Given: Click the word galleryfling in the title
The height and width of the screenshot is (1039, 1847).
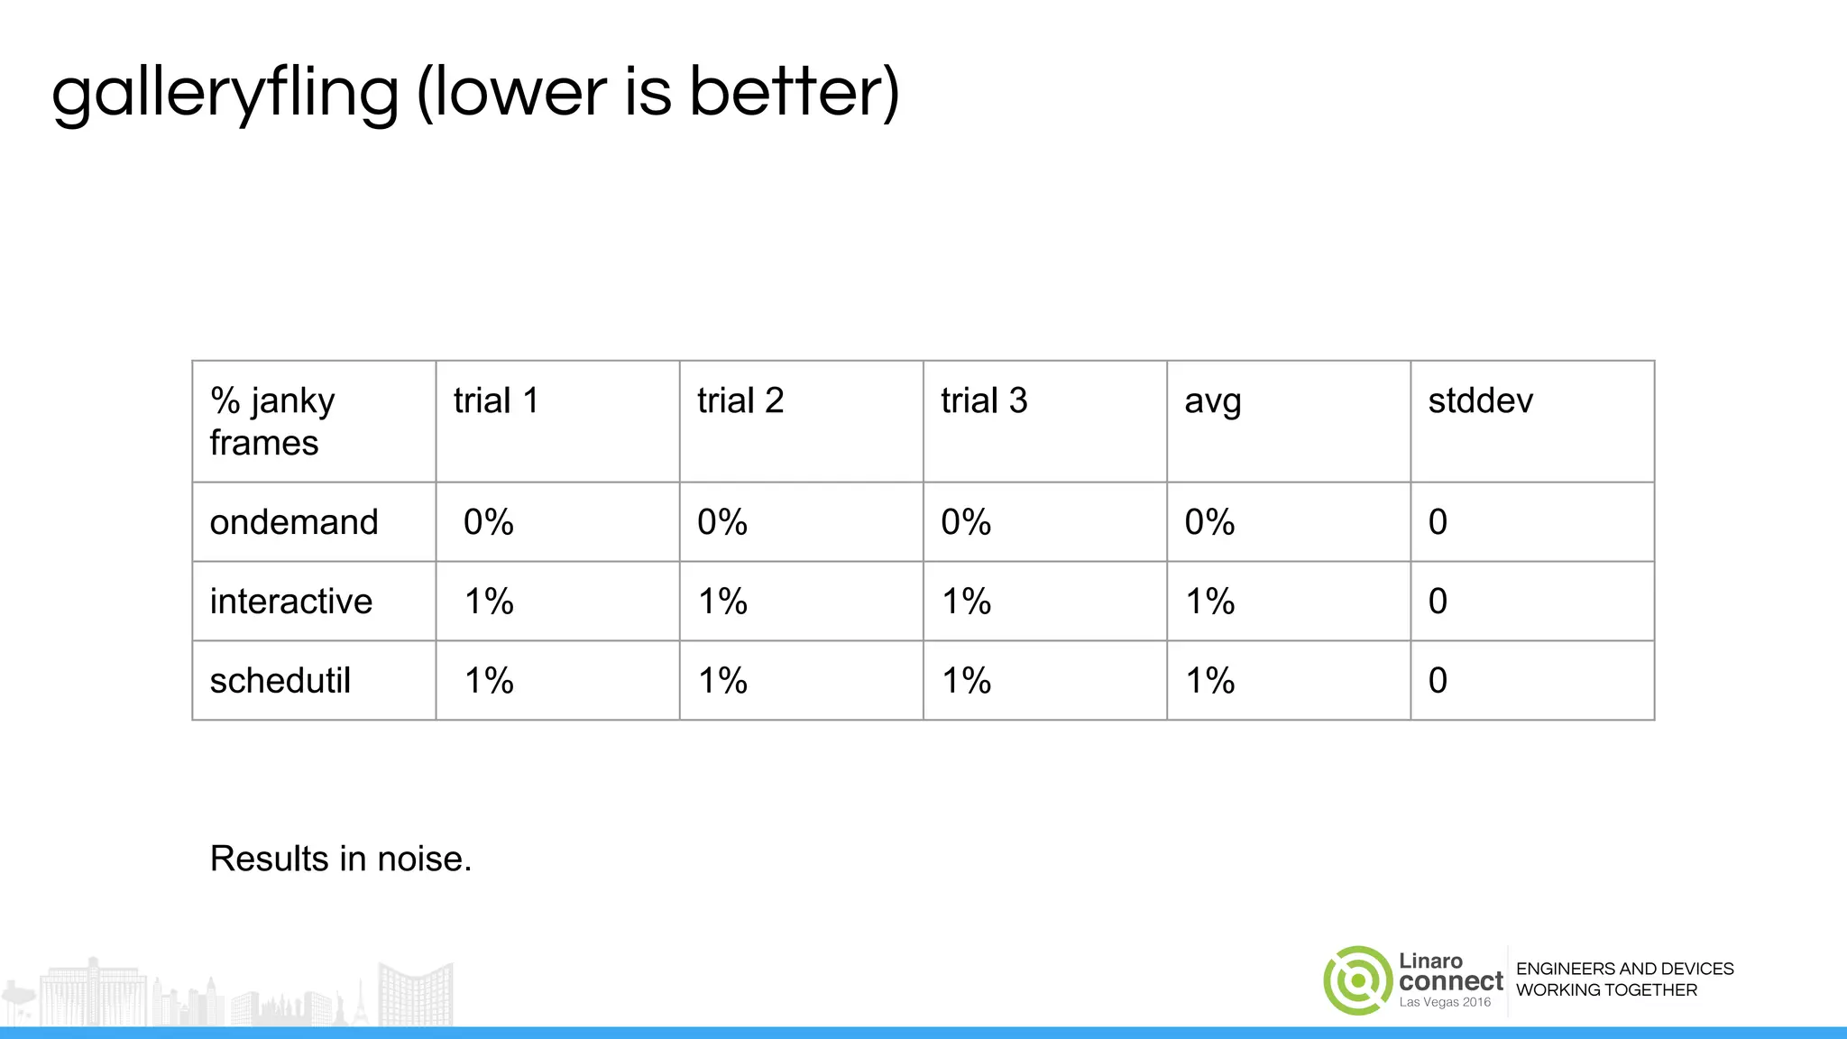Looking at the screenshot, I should [225, 93].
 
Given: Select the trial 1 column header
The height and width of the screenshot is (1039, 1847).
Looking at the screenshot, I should [495, 400].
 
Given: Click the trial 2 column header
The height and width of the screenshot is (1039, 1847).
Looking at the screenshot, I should [740, 400].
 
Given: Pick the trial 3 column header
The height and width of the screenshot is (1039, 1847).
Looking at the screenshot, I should [983, 400].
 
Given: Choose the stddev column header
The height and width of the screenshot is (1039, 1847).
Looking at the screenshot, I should [1480, 400].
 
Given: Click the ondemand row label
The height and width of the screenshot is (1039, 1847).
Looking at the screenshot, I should [294, 522].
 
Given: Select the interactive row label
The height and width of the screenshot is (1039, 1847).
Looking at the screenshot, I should [290, 602].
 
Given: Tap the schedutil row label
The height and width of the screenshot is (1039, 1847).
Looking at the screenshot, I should [280, 681].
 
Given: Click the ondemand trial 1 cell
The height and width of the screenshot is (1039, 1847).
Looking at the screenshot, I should [489, 522].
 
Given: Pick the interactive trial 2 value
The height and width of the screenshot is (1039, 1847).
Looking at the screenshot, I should [722, 602].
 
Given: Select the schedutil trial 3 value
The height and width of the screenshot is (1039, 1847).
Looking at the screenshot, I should [966, 681].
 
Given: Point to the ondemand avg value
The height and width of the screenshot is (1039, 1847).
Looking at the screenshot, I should [1209, 522].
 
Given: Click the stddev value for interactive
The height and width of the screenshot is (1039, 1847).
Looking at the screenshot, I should [1438, 602].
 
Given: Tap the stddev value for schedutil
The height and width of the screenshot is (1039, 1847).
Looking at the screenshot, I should [1438, 681].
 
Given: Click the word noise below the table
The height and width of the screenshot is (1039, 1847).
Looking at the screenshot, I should [424, 859].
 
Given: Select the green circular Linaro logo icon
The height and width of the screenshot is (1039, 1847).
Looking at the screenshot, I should [1358, 980].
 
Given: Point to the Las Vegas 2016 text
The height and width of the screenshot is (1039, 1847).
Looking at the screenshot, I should [1445, 1002].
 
